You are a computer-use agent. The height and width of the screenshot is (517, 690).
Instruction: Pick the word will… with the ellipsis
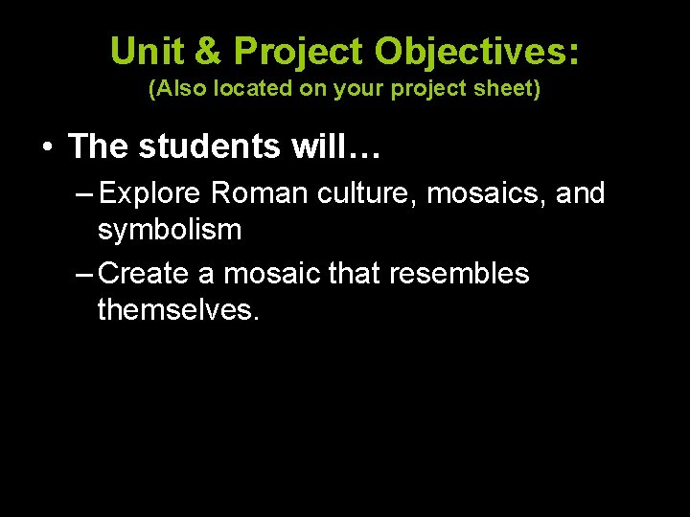327,146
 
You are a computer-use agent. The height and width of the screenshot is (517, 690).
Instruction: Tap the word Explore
149,193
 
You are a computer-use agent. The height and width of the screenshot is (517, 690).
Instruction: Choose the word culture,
362,193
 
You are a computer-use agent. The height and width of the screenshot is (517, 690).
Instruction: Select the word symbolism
170,230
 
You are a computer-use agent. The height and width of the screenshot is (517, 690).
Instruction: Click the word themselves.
179,309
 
